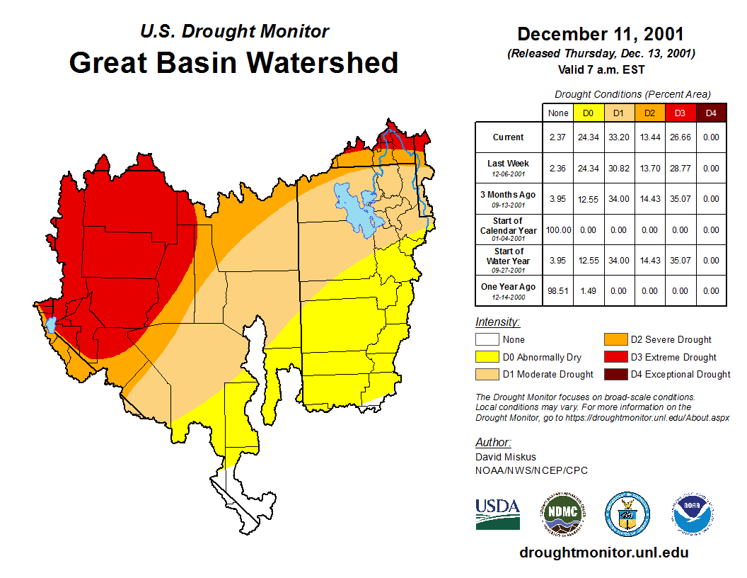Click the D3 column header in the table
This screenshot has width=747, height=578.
tap(680, 113)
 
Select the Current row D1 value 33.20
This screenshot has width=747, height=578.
tap(618, 137)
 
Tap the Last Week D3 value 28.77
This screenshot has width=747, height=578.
tap(680, 169)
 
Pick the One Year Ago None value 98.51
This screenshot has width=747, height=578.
tap(557, 290)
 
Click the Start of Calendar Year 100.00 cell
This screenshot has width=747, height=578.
tap(557, 230)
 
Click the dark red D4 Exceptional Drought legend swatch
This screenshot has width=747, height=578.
tap(614, 374)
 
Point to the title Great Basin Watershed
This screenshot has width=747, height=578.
tap(233, 62)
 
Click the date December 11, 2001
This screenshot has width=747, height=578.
tap(601, 34)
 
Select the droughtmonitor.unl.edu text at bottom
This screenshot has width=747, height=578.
tap(603, 552)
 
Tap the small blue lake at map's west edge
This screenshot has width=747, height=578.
tap(50, 324)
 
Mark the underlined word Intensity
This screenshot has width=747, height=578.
tap(497, 322)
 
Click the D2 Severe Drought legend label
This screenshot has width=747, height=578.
tap(671, 340)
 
